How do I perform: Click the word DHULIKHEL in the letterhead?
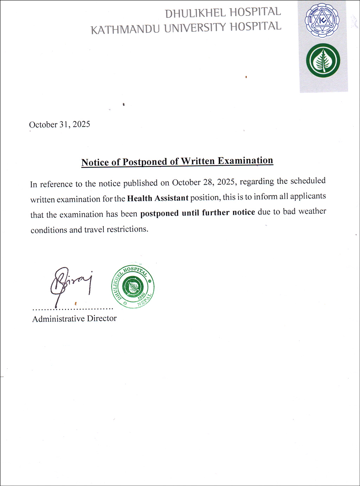(x=195, y=13)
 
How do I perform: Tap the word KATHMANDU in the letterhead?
(x=125, y=29)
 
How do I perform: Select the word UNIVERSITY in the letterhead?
(x=195, y=28)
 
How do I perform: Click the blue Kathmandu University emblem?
(x=322, y=20)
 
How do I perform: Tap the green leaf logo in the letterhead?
(x=323, y=60)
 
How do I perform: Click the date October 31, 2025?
(x=59, y=124)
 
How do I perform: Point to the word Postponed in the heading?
(x=144, y=162)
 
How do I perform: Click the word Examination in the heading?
(x=245, y=161)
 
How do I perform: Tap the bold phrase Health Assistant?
(x=157, y=198)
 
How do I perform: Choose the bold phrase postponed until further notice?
(x=198, y=213)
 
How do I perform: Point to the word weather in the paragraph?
(x=312, y=211)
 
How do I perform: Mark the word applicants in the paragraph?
(x=308, y=196)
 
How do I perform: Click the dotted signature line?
(x=73, y=309)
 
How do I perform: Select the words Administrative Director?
(x=74, y=319)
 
